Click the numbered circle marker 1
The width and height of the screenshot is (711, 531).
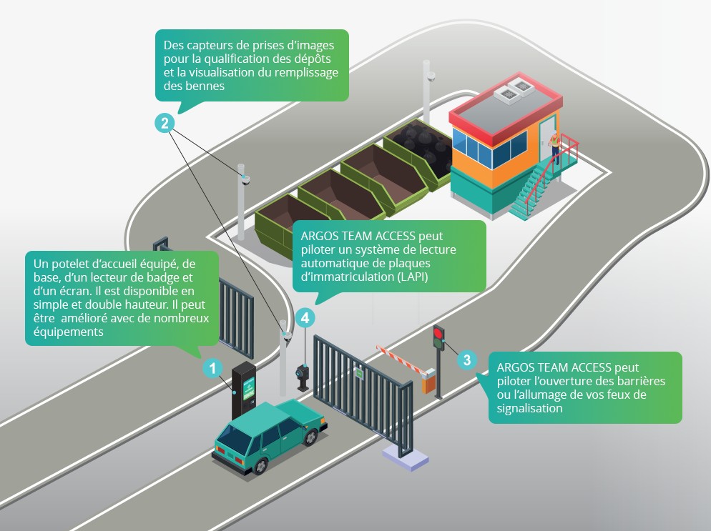tap(212, 368)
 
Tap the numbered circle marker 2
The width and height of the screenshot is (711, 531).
tap(165, 123)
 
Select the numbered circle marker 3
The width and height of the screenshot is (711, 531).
tap(466, 359)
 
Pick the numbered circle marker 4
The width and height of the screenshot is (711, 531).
tap(305, 319)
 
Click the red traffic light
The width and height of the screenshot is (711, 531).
tap(438, 332)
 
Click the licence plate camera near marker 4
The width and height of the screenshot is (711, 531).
tap(303, 373)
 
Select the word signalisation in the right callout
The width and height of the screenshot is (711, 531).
tap(530, 408)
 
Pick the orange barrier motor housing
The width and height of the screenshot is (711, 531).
tap(428, 382)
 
